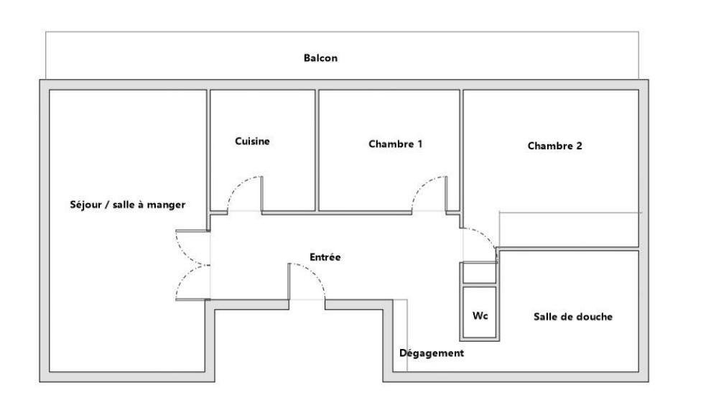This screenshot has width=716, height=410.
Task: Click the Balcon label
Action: [x=320, y=58]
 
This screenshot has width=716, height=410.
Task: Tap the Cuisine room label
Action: [x=252, y=141]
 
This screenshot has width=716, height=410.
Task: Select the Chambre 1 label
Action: [x=396, y=144]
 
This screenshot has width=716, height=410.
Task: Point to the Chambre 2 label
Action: [x=555, y=146]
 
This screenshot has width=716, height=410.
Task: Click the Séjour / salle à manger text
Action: [x=127, y=205]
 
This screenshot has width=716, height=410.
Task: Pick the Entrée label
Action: [x=325, y=257]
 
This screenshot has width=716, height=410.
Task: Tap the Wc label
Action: [x=480, y=315]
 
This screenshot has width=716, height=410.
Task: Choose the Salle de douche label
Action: [x=573, y=317]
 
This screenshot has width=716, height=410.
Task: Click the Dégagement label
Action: [x=432, y=353]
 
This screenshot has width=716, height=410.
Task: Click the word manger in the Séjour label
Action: [x=166, y=205]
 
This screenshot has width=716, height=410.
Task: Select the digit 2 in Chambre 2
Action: [x=579, y=146]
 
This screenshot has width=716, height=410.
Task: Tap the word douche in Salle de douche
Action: [x=594, y=317]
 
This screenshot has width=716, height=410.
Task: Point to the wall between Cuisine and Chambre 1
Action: [x=317, y=150]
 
